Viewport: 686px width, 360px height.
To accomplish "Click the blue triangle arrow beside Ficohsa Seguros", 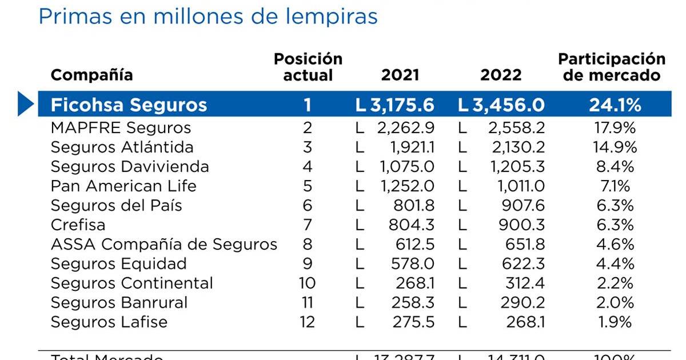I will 26,104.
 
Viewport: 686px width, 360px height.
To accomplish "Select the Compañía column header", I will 91,75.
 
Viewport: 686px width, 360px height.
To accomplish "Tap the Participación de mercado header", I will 612,67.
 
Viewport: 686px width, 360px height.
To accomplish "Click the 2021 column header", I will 400,75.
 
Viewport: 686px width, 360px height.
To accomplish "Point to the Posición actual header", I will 308,67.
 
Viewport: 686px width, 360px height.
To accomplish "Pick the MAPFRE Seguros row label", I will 121,127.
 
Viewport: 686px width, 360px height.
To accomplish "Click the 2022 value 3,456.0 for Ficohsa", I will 501,105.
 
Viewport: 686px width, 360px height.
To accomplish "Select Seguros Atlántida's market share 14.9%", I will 612,147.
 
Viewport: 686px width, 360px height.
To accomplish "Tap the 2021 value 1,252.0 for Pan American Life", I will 407,186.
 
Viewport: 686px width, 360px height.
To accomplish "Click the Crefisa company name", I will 78,225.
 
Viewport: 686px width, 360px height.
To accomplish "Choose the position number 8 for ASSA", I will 308,244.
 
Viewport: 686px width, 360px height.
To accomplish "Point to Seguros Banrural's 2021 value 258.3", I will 413,302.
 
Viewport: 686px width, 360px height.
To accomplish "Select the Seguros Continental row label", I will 131,283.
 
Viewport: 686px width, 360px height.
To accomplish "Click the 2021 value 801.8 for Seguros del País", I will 413,205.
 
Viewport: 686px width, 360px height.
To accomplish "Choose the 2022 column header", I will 501,75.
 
